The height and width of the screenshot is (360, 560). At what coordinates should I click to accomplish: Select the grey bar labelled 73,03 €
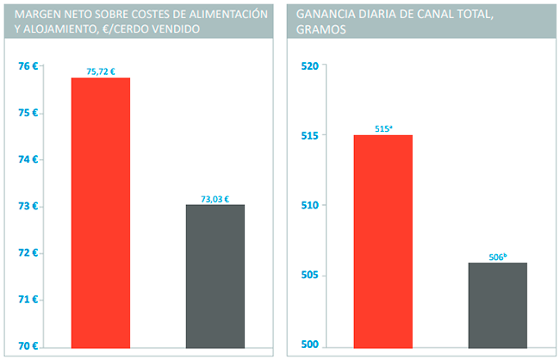tap(215, 276)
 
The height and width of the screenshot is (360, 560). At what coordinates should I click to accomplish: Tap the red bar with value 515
tap(383, 240)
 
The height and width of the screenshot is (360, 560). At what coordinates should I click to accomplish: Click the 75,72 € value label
tap(102, 71)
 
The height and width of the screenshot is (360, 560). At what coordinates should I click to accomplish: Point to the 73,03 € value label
tap(215, 199)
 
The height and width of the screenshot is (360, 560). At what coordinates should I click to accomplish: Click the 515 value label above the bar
tap(383, 129)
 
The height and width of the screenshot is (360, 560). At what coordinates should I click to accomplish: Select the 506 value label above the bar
tap(498, 257)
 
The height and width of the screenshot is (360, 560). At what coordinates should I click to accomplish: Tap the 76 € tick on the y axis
tap(28, 66)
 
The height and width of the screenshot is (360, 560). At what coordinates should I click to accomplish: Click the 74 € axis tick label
tap(28, 159)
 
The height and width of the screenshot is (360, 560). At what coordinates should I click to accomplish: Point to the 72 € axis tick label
tap(28, 253)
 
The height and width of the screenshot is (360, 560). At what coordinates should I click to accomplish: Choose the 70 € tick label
tap(28, 346)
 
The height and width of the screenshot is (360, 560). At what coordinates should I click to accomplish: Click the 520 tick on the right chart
tap(310, 66)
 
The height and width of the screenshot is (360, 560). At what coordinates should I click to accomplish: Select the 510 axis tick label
tap(310, 206)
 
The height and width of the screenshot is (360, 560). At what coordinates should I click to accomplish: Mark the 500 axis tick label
tap(310, 346)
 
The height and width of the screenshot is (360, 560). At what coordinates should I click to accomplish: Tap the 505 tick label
tap(310, 276)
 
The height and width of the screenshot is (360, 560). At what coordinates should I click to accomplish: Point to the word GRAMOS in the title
tap(321, 29)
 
